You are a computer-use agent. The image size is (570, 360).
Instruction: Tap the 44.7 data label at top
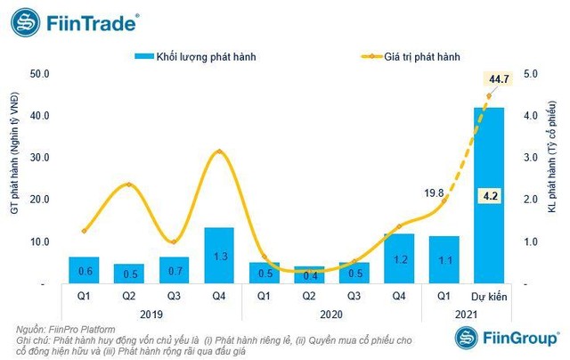click(500, 80)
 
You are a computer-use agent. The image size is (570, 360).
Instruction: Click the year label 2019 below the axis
click(128, 315)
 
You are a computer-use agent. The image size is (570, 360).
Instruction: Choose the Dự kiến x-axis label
click(489, 297)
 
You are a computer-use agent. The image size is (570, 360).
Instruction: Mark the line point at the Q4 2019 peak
click(219, 152)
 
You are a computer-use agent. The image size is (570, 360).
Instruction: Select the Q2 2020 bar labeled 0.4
click(309, 274)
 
